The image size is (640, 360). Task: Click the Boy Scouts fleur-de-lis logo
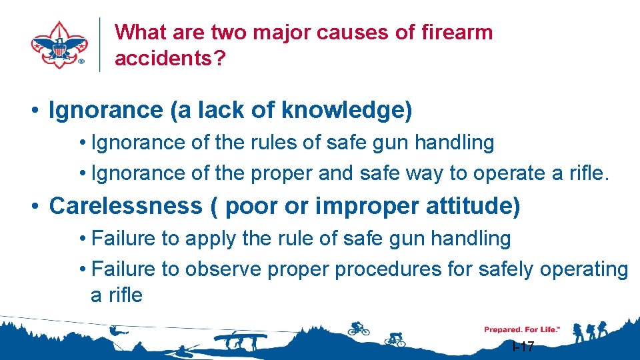tap(59, 45)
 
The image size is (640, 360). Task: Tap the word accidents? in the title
tap(170, 58)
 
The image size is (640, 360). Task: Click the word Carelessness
tap(125, 206)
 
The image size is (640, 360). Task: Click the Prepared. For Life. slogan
tap(522, 329)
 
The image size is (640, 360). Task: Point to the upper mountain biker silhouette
tap(359, 327)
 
